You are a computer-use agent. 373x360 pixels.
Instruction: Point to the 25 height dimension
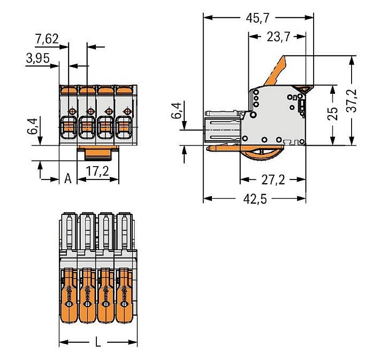(x=332, y=114)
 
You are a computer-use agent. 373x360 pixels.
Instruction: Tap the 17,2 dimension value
(x=98, y=172)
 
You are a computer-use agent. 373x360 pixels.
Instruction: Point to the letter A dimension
(x=68, y=179)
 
